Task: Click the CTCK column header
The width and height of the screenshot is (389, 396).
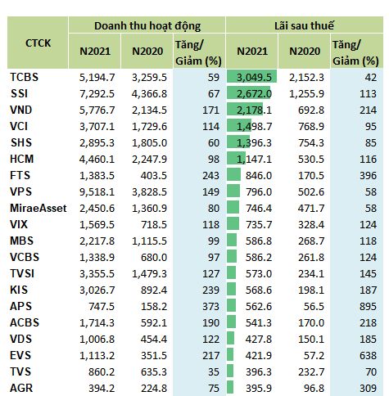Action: (38, 43)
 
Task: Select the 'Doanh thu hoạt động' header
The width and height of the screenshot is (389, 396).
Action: (147, 26)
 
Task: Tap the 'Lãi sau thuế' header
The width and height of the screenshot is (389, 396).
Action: (304, 25)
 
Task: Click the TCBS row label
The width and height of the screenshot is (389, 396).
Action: (24, 77)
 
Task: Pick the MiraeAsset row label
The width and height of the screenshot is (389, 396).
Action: (38, 208)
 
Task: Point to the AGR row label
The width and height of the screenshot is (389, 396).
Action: (21, 388)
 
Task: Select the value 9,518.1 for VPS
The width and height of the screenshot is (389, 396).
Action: (97, 191)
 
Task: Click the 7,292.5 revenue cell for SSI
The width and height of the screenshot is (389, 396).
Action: (97, 93)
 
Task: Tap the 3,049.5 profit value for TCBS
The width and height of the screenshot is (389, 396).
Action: (254, 77)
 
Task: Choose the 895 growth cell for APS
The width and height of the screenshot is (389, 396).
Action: (368, 306)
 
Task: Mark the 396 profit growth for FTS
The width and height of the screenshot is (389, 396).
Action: (368, 175)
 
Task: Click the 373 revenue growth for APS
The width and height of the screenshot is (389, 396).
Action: (210, 306)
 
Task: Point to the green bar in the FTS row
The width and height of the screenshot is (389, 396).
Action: (233, 174)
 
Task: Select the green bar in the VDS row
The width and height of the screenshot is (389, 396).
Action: (230, 338)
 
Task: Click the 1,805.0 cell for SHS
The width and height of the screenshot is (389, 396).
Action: (149, 142)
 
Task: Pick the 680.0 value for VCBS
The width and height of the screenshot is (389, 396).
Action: (154, 257)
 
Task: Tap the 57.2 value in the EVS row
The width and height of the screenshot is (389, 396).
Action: (314, 355)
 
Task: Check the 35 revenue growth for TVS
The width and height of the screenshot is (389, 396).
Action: (214, 371)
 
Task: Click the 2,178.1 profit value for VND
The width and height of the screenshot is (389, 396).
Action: (254, 110)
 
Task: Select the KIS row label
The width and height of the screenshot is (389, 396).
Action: (19, 290)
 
